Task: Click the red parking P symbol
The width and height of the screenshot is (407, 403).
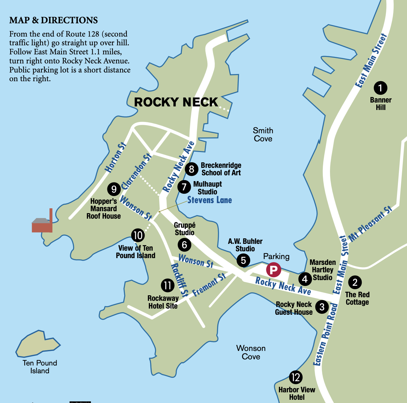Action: (x=273, y=270)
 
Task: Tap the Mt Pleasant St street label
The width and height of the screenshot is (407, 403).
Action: (x=370, y=223)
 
